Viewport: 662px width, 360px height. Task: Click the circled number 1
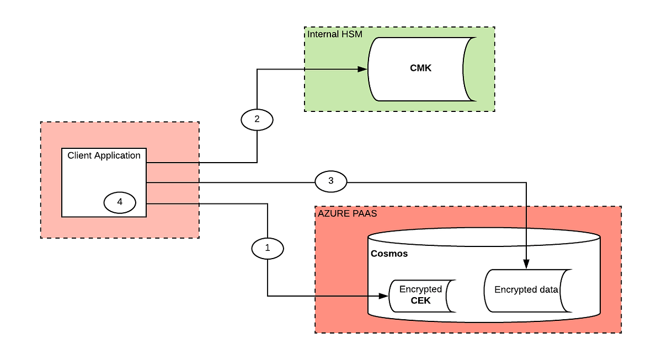pyautogui.click(x=268, y=248)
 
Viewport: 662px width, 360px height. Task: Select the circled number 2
pyautogui.click(x=257, y=119)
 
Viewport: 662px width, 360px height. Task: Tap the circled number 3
pyautogui.click(x=331, y=180)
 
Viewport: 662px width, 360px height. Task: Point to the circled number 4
pyautogui.click(x=120, y=202)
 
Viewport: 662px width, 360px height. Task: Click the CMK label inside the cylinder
pyautogui.click(x=420, y=68)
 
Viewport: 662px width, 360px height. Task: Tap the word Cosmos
pyautogui.click(x=389, y=255)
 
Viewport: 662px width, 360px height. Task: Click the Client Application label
pyautogui.click(x=104, y=155)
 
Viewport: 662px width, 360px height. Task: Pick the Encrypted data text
pyautogui.click(x=526, y=290)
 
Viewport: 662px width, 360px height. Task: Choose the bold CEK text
pyautogui.click(x=420, y=300)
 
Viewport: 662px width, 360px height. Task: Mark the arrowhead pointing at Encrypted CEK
pyautogui.click(x=384, y=296)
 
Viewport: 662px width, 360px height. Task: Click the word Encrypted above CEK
pyautogui.click(x=420, y=289)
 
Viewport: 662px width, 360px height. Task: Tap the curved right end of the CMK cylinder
pyautogui.click(x=469, y=69)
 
